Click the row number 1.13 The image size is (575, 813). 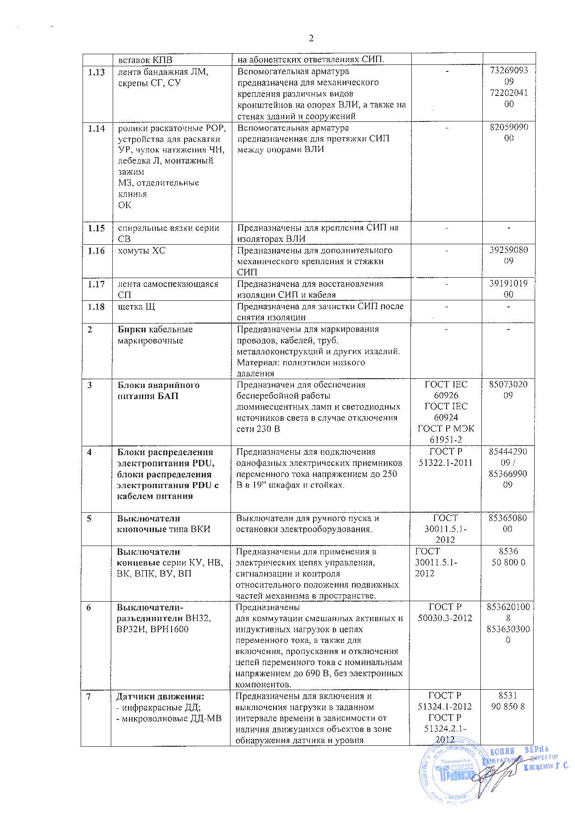point(96,72)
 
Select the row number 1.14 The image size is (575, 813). point(96,128)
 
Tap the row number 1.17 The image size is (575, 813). point(96,284)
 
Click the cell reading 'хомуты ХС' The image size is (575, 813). point(141,251)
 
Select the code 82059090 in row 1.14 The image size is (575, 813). point(509,133)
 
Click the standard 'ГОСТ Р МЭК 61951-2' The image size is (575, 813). point(446,434)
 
